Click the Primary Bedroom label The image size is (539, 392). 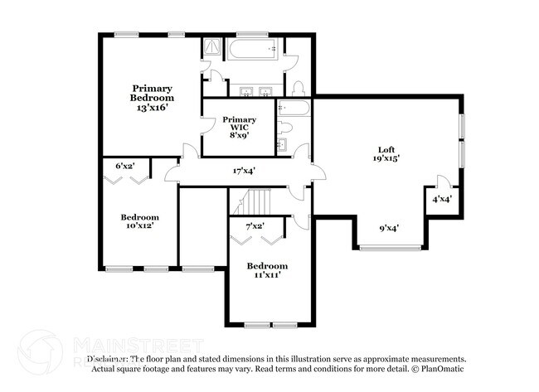(x=153, y=93)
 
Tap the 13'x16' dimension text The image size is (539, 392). (x=153, y=107)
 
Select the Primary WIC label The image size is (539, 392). (x=240, y=124)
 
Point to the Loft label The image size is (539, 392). (x=385, y=148)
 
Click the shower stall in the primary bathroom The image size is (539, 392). (x=212, y=49)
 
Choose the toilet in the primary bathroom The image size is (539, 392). (x=299, y=88)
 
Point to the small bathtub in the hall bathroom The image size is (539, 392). (x=294, y=108)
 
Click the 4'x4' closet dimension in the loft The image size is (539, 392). (x=441, y=199)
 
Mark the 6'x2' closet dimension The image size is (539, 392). (x=124, y=166)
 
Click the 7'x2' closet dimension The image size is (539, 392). (x=255, y=225)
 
